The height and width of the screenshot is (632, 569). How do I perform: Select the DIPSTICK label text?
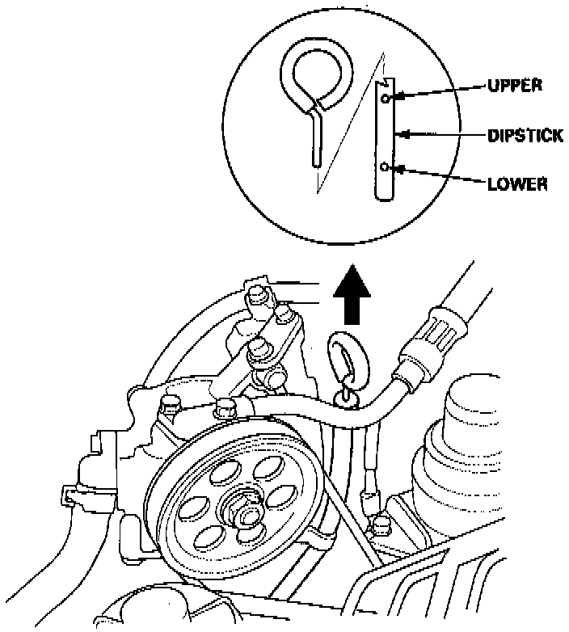click(525, 136)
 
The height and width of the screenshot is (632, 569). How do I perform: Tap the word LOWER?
click(517, 183)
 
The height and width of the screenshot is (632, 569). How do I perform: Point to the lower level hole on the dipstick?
click(386, 167)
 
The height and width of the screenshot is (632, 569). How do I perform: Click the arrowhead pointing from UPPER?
click(396, 97)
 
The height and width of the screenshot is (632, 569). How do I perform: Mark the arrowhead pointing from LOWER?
click(396, 168)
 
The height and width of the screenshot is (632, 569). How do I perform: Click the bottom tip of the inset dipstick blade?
click(385, 199)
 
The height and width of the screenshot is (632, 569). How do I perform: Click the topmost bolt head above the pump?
click(258, 294)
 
